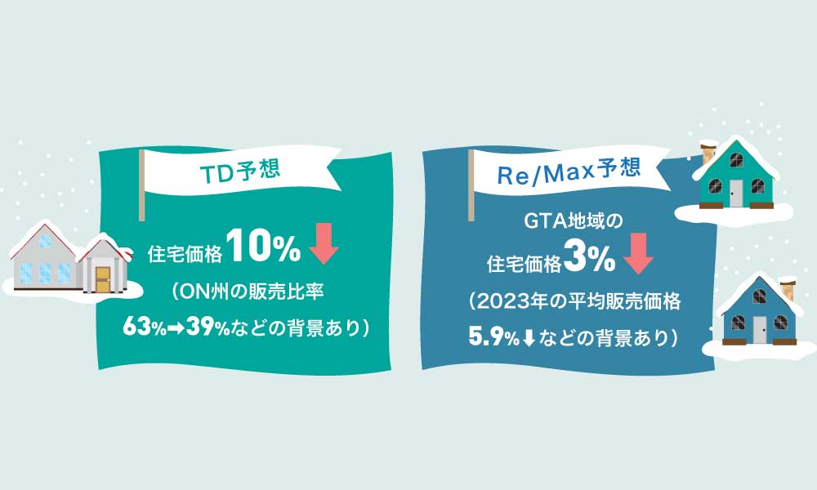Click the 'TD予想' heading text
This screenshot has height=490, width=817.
(240, 171)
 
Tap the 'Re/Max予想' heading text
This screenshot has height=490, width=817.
(569, 171)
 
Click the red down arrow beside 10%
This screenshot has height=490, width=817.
(324, 243)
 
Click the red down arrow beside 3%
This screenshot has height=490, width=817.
(638, 254)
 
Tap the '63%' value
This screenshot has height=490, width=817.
(145, 327)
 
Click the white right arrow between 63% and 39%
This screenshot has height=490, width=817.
(176, 328)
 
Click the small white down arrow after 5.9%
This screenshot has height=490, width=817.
(529, 338)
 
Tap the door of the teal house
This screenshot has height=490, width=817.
(736, 193)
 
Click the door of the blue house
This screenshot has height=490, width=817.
(760, 330)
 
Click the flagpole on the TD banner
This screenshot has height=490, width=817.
(141, 185)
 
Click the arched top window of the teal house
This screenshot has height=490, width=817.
(736, 159)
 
